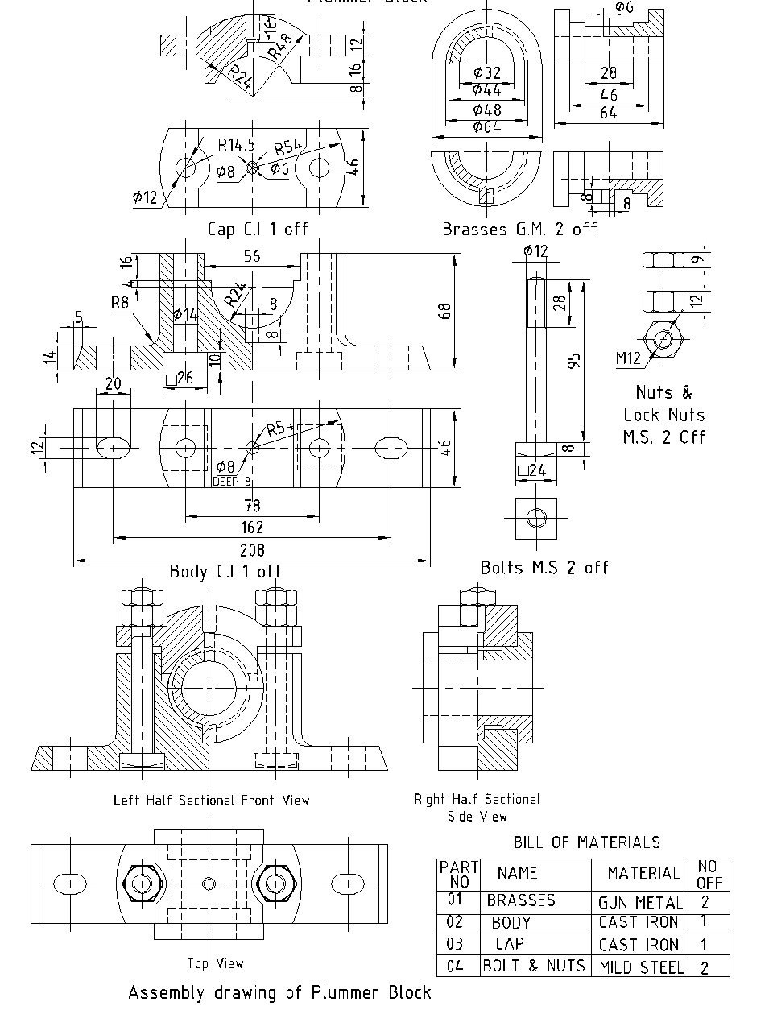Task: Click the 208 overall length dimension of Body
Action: click(252, 552)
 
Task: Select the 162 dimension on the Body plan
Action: click(252, 528)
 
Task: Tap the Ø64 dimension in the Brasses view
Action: click(486, 127)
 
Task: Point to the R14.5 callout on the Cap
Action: click(236, 145)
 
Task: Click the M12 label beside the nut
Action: click(628, 358)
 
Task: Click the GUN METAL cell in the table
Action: click(639, 903)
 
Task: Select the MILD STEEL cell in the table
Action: click(639, 967)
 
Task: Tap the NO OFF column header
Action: click(708, 874)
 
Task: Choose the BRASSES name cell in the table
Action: click(521, 900)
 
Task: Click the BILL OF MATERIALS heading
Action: click(586, 842)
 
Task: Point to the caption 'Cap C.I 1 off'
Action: click(258, 229)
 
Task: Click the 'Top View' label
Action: click(215, 963)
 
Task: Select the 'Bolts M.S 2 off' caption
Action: click(544, 567)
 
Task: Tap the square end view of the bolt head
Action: click(536, 518)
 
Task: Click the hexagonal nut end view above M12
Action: click(663, 338)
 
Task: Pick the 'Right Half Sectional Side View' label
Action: click(477, 808)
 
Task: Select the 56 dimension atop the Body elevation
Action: click(251, 255)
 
